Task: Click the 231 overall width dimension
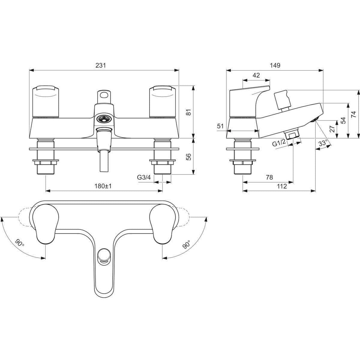click(x=101, y=65)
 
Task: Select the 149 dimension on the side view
click(x=275, y=65)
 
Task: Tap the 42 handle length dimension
click(x=256, y=75)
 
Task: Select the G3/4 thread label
click(x=144, y=177)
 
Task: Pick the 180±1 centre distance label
click(x=104, y=186)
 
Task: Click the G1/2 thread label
click(x=279, y=143)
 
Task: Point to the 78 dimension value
click(x=269, y=177)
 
